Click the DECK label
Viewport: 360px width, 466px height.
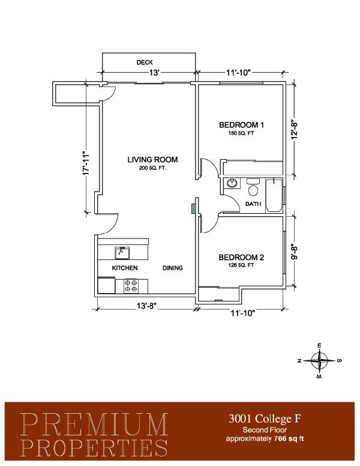(x=145, y=62)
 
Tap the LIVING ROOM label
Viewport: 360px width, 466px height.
(x=152, y=160)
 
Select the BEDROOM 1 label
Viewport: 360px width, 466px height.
(x=241, y=125)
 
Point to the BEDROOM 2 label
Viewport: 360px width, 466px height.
(x=241, y=258)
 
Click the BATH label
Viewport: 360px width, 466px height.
(x=253, y=204)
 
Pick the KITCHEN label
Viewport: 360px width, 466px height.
(x=125, y=268)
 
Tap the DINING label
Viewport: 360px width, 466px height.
(x=173, y=268)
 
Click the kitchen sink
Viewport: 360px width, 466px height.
(x=122, y=253)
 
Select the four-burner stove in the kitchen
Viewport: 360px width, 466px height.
(x=131, y=286)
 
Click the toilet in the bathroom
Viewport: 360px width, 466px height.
(x=253, y=187)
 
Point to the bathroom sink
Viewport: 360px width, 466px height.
(x=232, y=183)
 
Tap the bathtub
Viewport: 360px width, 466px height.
(x=274, y=195)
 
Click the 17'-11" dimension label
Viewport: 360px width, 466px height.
(x=86, y=163)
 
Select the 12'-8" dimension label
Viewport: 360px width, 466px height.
(x=294, y=130)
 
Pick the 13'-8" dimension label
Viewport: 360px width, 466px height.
(x=147, y=306)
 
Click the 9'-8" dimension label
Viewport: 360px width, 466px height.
(x=294, y=252)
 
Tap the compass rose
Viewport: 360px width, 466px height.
(x=319, y=361)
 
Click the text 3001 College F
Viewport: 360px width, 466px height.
(x=265, y=419)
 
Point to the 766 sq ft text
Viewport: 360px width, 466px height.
(x=289, y=438)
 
